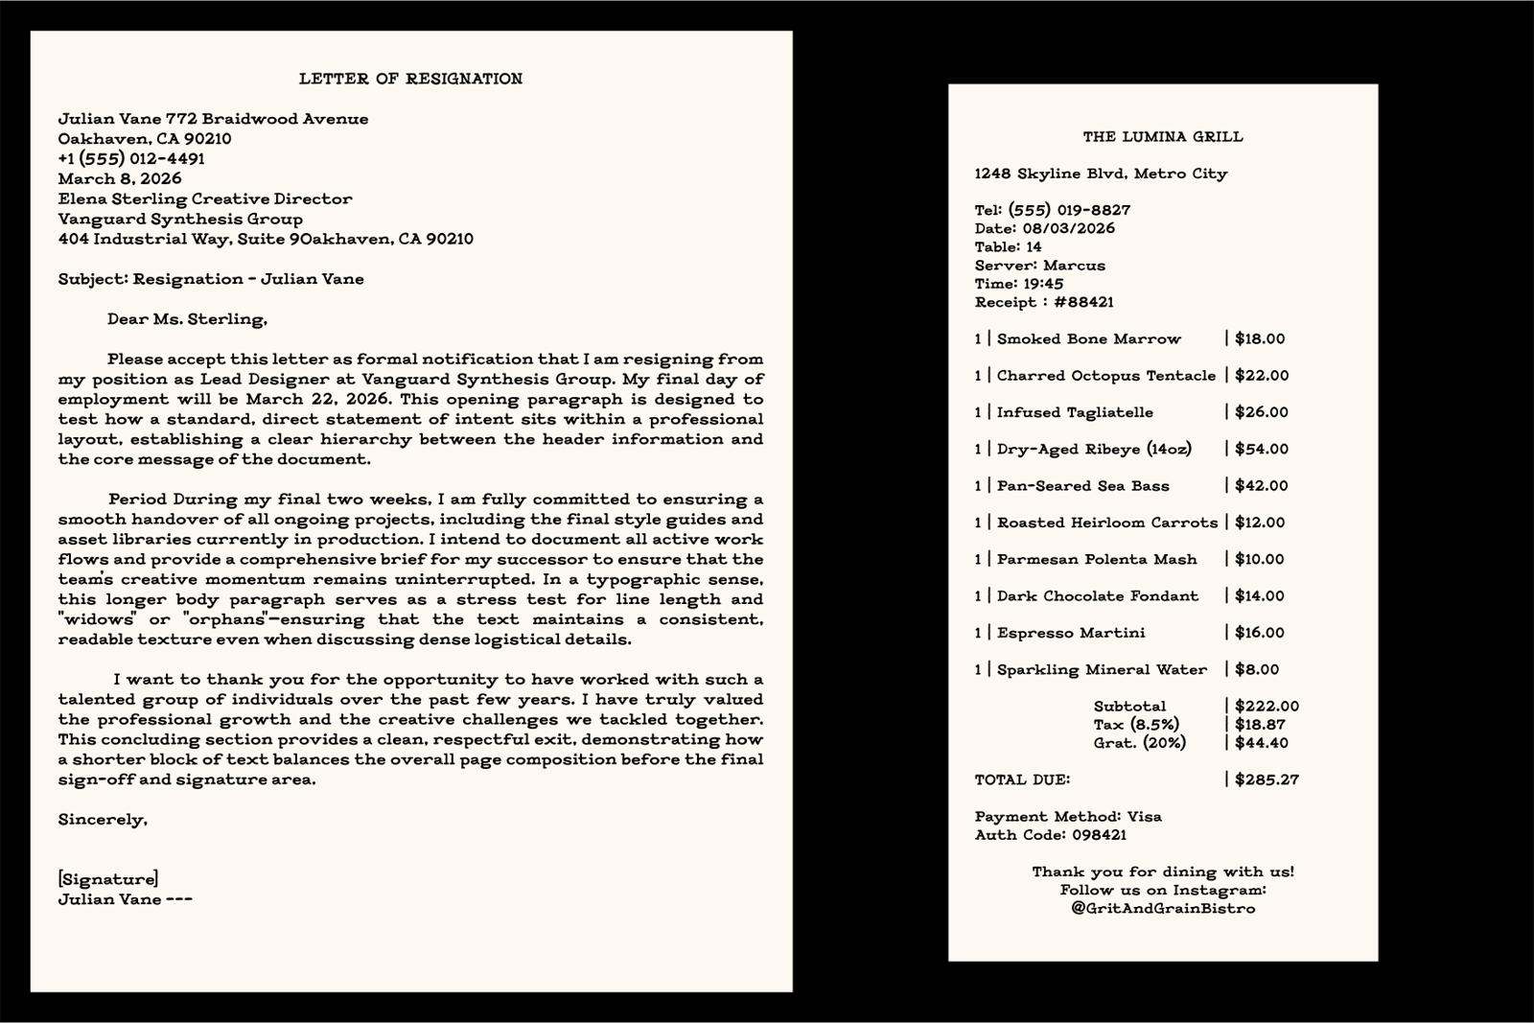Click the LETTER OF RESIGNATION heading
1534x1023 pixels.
(x=410, y=79)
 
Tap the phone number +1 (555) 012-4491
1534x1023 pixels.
(x=131, y=158)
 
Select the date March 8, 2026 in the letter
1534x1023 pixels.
(x=120, y=178)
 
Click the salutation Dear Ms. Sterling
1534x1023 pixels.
(x=187, y=319)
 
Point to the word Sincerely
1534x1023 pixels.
(x=103, y=820)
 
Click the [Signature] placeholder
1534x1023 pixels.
(x=108, y=879)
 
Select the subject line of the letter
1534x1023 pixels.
(x=211, y=279)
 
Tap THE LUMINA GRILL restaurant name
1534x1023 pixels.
(x=1163, y=136)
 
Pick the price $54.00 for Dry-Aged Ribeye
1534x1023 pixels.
(x=1262, y=449)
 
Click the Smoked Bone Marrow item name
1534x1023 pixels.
(x=1089, y=338)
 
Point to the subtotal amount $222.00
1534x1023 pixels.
(x=1267, y=707)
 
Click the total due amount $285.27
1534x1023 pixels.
(x=1267, y=779)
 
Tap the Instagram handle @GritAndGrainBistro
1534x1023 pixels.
(x=1163, y=908)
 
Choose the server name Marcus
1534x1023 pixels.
(x=1074, y=266)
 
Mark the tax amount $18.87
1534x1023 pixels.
(x=1261, y=725)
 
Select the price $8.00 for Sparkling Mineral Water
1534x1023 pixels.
(x=1257, y=669)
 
